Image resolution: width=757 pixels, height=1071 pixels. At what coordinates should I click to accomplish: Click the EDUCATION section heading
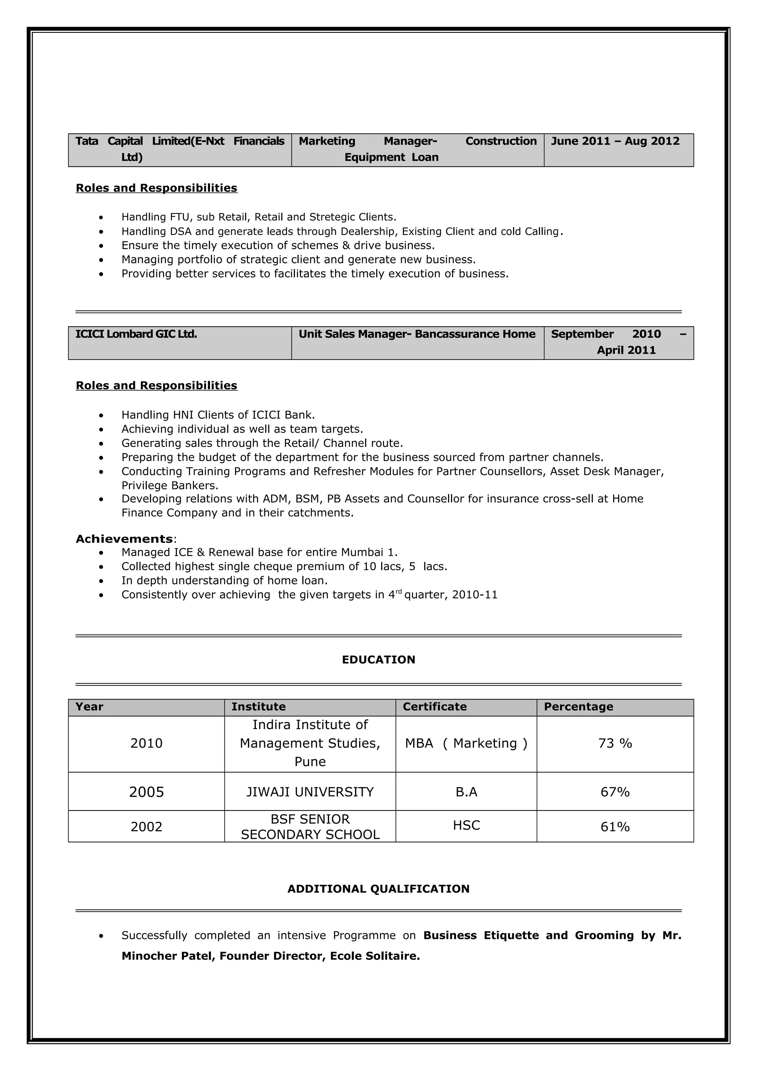378,660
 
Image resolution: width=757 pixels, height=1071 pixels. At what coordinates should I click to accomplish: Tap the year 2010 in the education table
146,744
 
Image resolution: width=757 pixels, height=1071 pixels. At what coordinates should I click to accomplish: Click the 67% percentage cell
615,792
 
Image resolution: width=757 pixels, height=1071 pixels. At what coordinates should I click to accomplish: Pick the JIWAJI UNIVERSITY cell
310,792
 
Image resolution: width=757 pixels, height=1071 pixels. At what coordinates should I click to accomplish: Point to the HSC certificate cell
466,826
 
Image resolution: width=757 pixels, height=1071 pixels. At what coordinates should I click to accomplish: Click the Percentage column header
578,707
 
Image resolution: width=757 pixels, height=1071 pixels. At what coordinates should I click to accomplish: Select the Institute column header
258,707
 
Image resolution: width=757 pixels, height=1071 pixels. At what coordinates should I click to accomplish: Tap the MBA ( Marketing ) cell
466,744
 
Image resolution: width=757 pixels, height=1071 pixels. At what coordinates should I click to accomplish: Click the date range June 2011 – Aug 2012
615,141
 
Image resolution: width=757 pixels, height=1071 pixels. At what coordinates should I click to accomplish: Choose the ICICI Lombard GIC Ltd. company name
136,334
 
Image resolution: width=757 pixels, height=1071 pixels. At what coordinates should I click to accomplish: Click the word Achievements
124,539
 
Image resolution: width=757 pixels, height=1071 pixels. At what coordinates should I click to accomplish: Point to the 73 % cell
615,744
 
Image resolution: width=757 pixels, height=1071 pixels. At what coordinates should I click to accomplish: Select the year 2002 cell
146,827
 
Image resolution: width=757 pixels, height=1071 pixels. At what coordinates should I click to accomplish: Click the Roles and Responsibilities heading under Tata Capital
156,188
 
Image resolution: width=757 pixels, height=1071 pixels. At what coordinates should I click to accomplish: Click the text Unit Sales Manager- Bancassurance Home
417,334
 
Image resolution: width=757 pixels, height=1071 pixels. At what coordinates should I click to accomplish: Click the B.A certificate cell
466,792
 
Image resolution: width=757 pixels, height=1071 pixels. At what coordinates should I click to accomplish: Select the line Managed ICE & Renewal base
259,552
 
